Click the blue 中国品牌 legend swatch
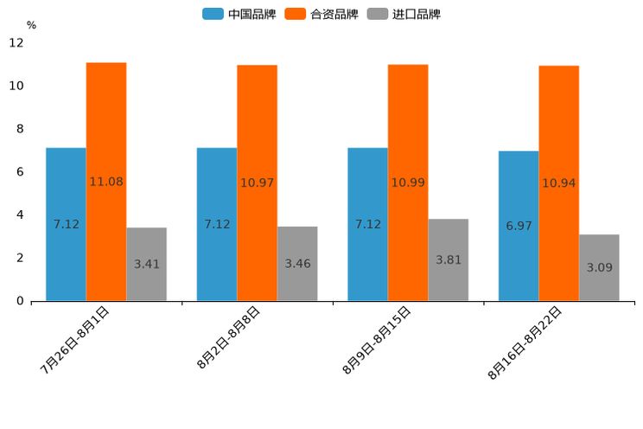[x=213, y=14]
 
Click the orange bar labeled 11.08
[x=106, y=182]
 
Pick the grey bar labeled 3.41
[x=146, y=264]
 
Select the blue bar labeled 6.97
[x=519, y=226]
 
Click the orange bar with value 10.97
[x=257, y=182]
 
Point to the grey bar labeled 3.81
[x=449, y=259]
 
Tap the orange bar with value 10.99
[x=408, y=182]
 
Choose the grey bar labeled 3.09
[x=599, y=267]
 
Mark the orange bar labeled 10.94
[x=559, y=183]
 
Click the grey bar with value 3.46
[x=297, y=263]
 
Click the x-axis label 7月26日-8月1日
[x=76, y=339]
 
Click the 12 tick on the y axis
[x=16, y=42]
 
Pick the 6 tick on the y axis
[x=20, y=172]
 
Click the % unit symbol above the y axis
[x=31, y=25]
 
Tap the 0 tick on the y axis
[x=20, y=301]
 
